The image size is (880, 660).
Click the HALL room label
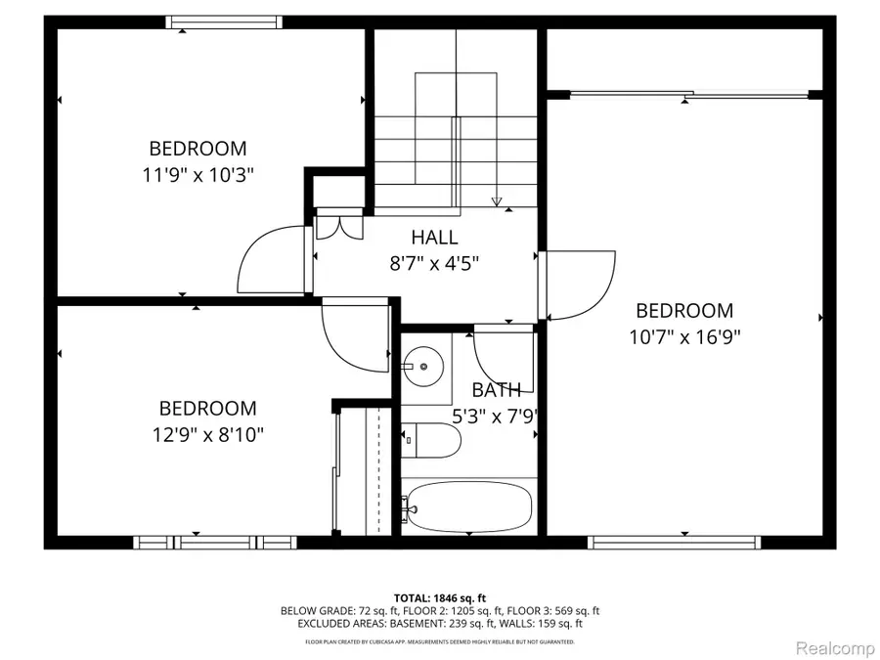(434, 237)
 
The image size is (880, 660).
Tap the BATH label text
(497, 389)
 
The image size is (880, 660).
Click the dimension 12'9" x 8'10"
(208, 433)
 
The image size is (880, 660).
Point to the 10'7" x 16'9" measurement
(683, 336)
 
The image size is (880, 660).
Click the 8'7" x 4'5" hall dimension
(434, 262)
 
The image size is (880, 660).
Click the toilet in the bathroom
(430, 441)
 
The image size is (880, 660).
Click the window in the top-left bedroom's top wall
(224, 22)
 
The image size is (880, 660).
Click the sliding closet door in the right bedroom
(688, 94)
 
